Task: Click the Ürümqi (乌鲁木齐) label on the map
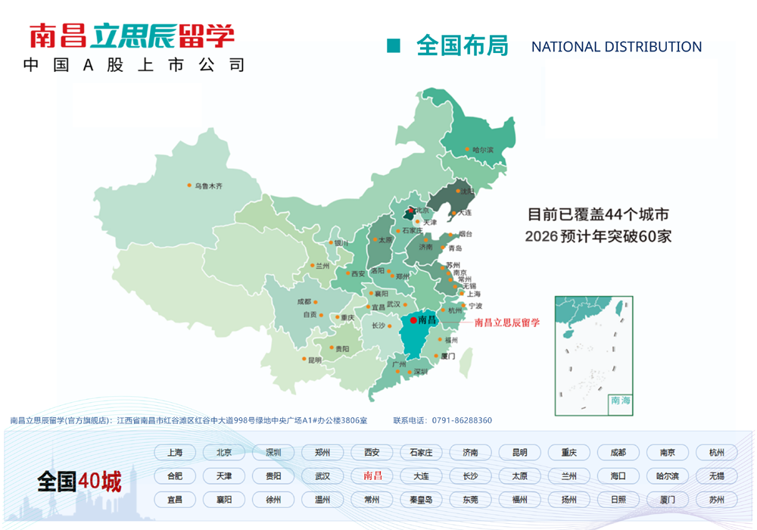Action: tap(209, 185)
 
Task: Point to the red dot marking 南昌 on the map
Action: tap(413, 320)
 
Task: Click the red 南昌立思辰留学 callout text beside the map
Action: tap(506, 322)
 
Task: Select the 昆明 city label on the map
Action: tap(314, 360)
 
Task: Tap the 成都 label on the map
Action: tap(304, 301)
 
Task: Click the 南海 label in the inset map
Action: tap(620, 400)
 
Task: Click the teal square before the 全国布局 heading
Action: tap(393, 46)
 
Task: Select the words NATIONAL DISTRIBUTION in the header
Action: tap(616, 47)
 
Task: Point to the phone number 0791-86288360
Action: tap(462, 420)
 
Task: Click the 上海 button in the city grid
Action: tap(175, 453)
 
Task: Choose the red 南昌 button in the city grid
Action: tap(372, 476)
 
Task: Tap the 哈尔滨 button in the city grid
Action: tap(667, 476)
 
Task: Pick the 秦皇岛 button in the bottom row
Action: tap(421, 500)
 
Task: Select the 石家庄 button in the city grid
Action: tap(421, 453)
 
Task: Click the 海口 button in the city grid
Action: tap(618, 476)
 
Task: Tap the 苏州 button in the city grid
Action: tap(716, 500)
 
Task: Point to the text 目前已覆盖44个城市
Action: tap(597, 214)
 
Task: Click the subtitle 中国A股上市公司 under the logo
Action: tap(133, 65)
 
